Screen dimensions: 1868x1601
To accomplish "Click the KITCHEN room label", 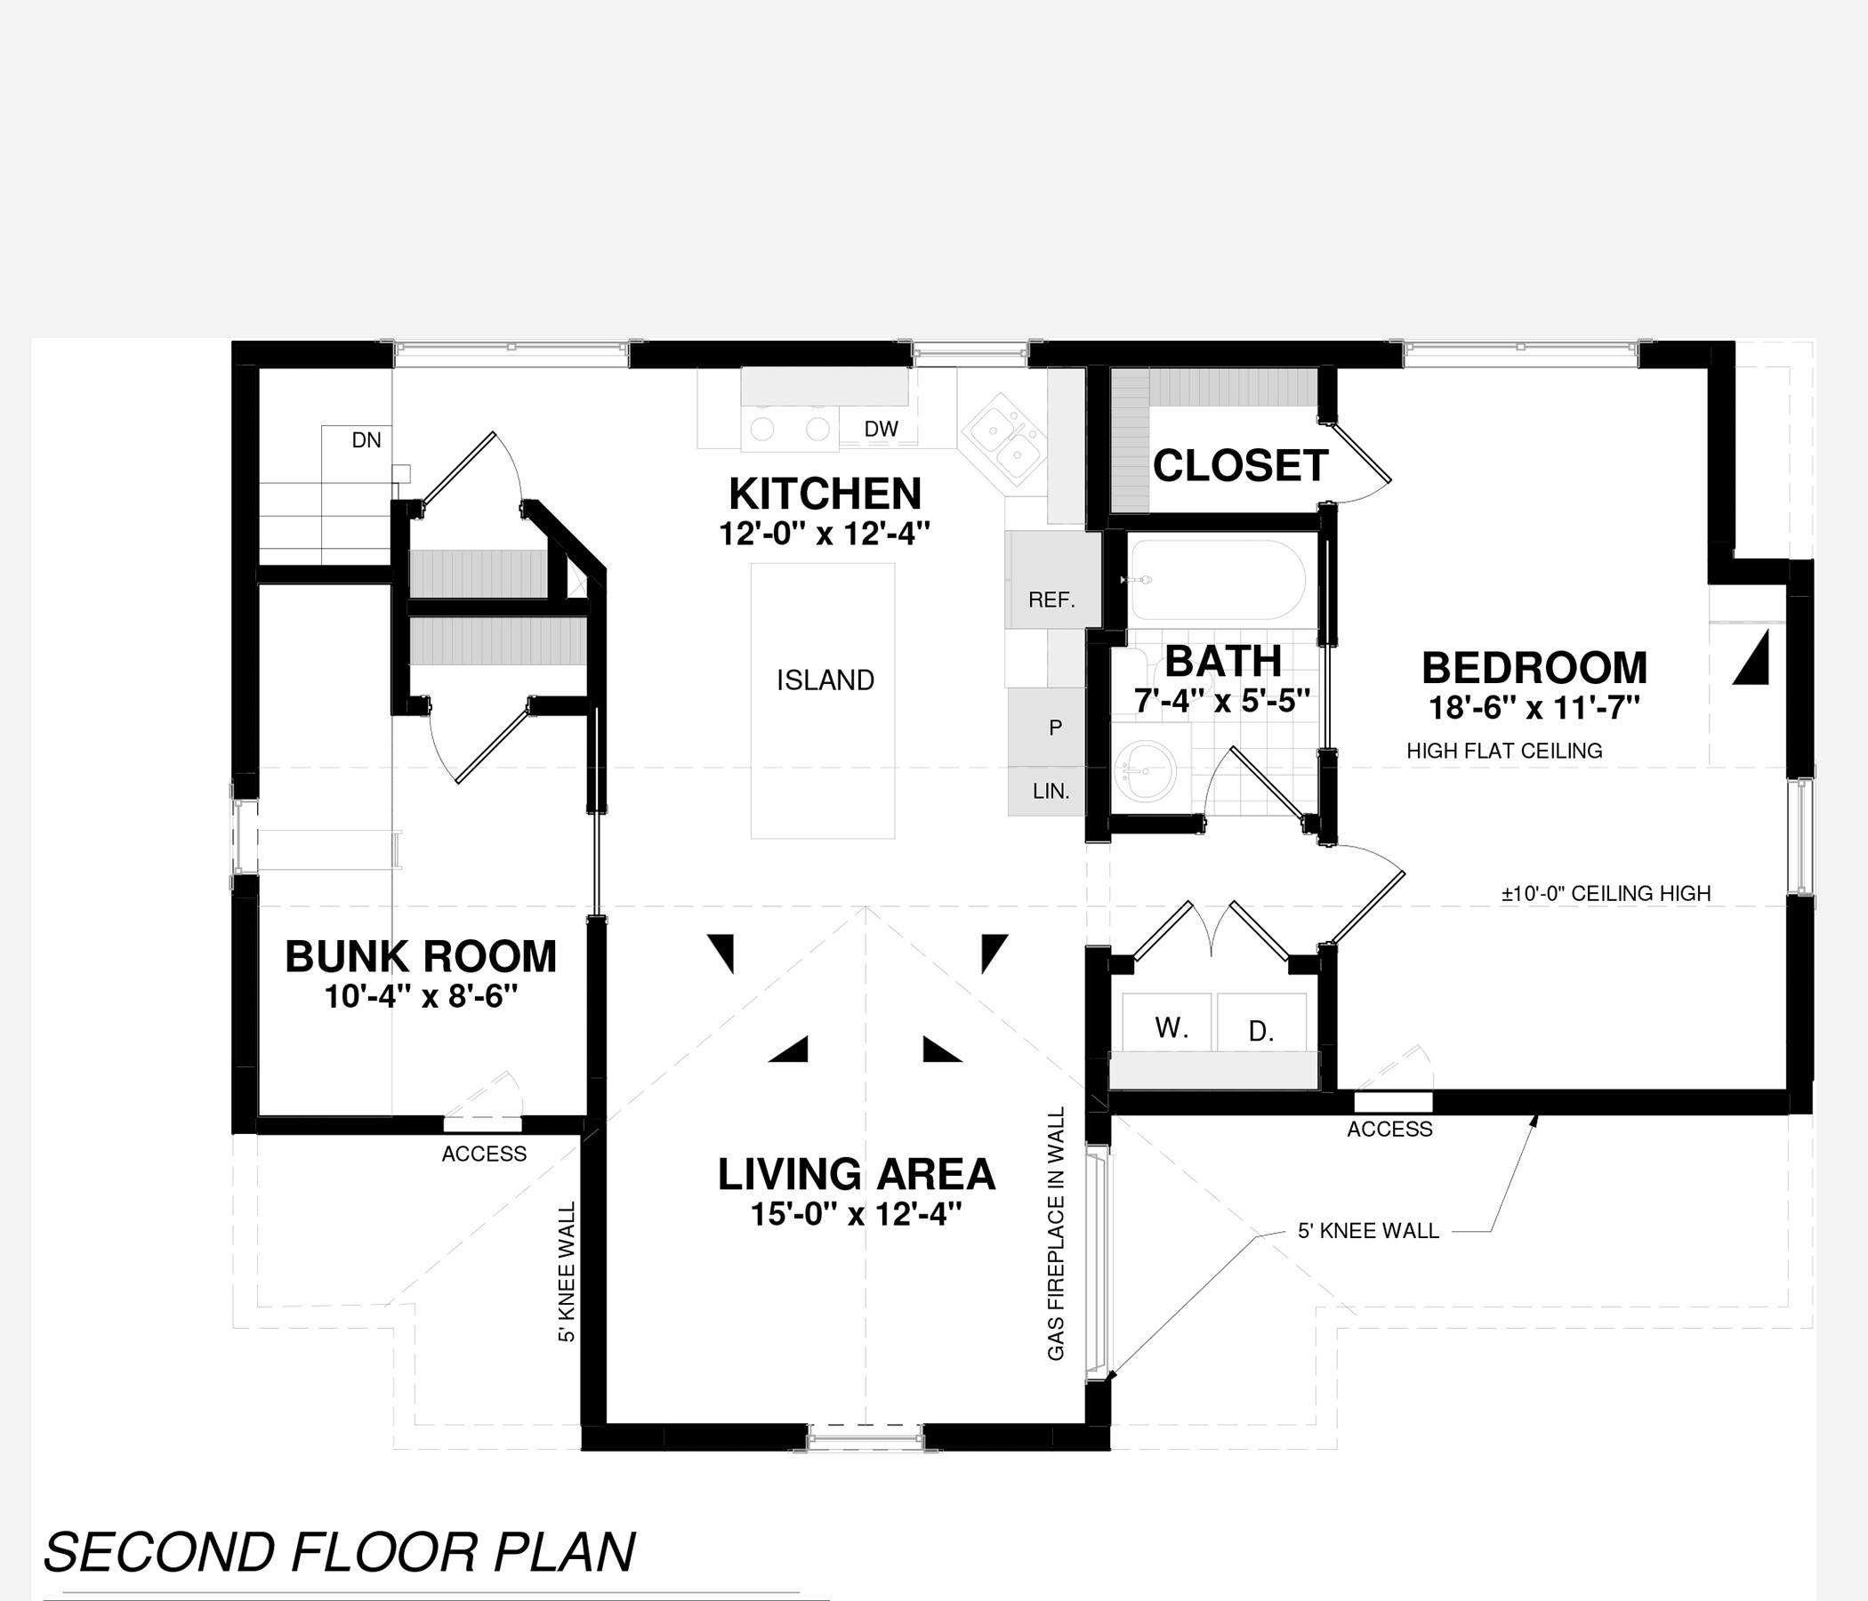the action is (825, 494).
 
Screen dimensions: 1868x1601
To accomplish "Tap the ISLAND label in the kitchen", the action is (825, 680).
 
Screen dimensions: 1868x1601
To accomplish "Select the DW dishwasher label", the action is (881, 429).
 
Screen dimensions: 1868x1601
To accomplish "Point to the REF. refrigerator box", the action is (1053, 580).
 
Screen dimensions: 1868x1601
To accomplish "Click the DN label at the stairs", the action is (366, 440).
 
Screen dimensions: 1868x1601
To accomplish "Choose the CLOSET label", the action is (1240, 466).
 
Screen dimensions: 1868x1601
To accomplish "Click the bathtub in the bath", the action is (1217, 580).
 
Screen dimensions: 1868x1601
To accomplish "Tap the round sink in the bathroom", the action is (1145, 771).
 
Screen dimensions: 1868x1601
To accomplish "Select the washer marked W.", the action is (1170, 1022).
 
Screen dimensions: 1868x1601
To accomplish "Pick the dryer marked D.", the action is (1262, 1022).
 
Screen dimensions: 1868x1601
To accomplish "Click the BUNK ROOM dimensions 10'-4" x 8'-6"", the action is (421, 997).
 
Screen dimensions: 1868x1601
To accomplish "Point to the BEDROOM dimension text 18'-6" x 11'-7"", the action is (1534, 708).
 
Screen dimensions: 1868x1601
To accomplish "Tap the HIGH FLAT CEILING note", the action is (1505, 751).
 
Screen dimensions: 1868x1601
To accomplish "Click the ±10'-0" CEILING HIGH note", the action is (1606, 893).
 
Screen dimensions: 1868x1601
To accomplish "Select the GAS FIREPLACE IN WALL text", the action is (1056, 1235).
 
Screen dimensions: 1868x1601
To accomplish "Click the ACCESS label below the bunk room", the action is (484, 1154).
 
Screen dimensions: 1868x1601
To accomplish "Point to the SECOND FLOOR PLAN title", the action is (339, 1551).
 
